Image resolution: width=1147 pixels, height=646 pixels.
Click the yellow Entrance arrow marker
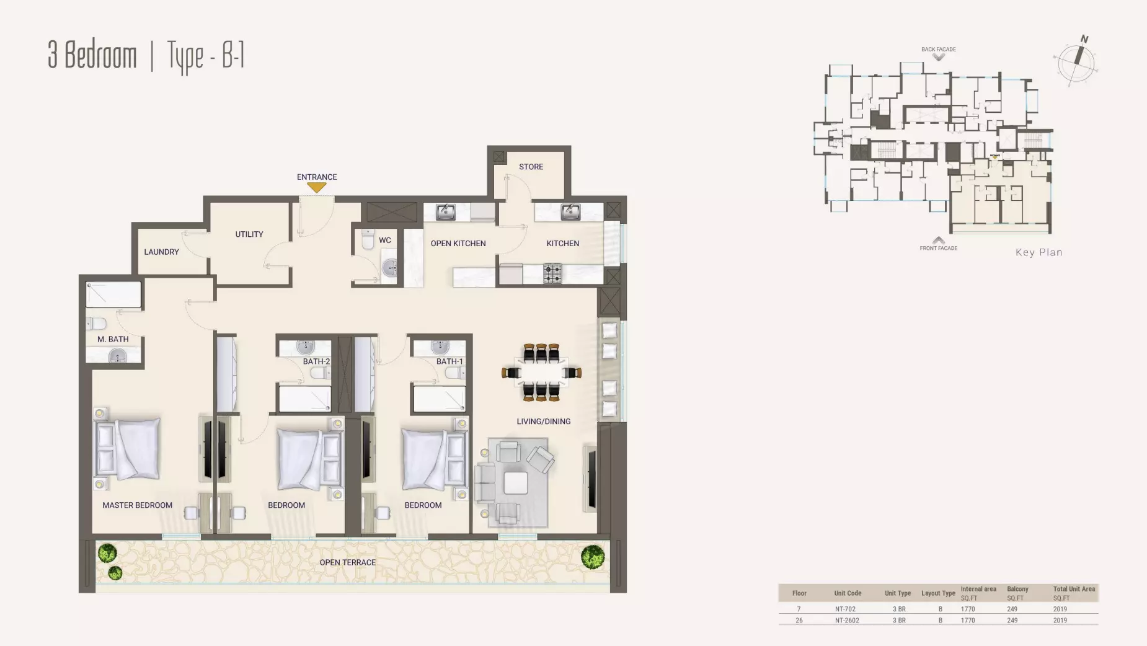click(317, 187)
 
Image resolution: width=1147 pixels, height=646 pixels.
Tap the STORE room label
click(531, 167)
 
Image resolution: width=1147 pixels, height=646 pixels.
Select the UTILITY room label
click(249, 234)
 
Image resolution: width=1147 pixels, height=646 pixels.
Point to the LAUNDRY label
click(161, 252)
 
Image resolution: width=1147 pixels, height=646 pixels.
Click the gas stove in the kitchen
click(552, 273)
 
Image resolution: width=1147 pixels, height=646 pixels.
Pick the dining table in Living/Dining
click(541, 373)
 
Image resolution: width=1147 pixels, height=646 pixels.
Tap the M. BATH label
click(113, 339)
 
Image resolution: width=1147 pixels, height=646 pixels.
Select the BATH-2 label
click(316, 361)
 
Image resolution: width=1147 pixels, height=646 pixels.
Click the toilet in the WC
click(368, 239)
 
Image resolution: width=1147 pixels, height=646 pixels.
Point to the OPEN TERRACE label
click(347, 562)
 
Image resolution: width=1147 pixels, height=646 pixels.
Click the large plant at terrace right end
click(593, 557)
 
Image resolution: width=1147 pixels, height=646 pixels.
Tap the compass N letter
click(1084, 39)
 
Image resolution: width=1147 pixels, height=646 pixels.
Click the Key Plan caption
click(1038, 252)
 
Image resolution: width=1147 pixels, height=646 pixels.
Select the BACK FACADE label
click(938, 49)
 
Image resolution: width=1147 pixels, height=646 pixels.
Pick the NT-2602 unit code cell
click(847, 620)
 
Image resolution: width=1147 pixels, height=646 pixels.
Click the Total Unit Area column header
click(1074, 589)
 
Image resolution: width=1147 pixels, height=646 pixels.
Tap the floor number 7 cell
click(799, 609)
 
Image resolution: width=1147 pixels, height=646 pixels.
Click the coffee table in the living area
click(515, 483)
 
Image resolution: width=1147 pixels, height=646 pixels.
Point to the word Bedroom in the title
click(100, 55)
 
